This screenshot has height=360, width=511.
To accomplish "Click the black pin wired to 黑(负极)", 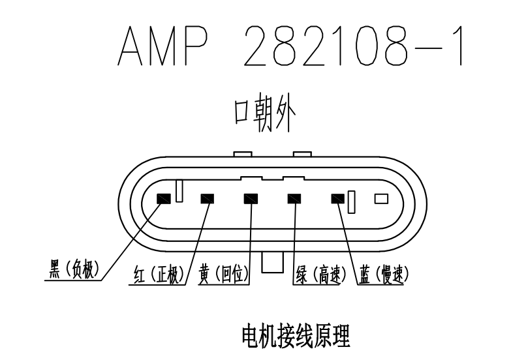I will tap(163, 198).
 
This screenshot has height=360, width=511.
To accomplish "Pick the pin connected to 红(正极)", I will tap(208, 198).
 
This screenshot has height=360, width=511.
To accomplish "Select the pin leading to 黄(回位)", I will tap(251, 198).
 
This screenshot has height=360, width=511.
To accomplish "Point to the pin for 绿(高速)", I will tap(294, 198).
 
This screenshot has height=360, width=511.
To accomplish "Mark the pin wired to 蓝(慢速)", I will tap(337, 198).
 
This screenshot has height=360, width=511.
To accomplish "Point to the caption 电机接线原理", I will tap(296, 338).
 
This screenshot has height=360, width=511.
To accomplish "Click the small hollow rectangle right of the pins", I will tap(380, 198).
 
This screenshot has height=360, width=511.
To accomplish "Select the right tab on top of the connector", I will tap(302, 155).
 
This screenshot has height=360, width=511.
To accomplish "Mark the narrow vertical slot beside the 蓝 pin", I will tap(351, 202).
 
